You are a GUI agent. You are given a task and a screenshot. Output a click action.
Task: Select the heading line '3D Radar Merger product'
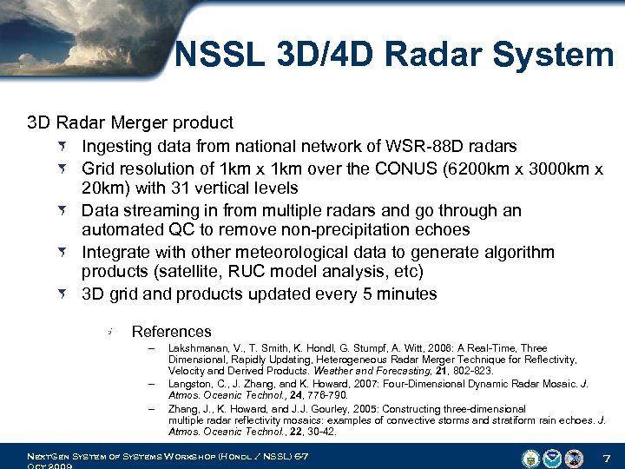click(x=130, y=122)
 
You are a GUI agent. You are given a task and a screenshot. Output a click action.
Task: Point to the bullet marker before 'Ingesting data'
click(x=66, y=145)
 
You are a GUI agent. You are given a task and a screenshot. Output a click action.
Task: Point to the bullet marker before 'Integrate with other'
click(x=66, y=252)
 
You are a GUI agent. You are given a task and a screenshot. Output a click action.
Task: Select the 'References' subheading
click(x=171, y=331)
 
